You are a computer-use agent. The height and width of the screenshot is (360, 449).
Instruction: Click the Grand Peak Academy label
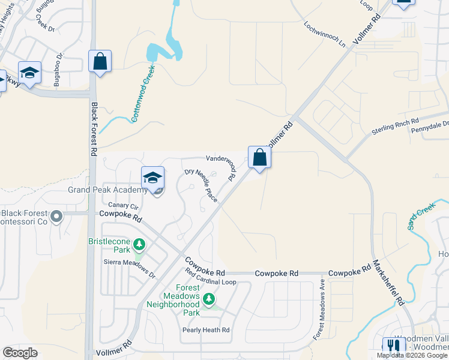(107, 190)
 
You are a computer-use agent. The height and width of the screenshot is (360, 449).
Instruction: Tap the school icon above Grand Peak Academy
(153, 178)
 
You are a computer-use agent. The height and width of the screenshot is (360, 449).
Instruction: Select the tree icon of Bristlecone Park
(139, 245)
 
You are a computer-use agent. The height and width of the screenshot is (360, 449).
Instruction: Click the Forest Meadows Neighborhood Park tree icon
(209, 298)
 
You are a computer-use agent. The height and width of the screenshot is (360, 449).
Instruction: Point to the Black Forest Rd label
(94, 129)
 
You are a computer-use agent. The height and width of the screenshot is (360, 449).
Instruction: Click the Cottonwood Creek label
(143, 95)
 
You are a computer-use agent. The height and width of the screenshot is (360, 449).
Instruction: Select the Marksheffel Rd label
(387, 283)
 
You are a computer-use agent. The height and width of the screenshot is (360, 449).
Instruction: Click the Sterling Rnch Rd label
(394, 125)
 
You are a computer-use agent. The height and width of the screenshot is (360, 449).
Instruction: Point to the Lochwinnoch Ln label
(325, 35)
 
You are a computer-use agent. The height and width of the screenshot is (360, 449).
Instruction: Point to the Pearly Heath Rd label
(206, 330)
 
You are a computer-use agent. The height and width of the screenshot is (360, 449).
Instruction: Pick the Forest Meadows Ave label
(319, 310)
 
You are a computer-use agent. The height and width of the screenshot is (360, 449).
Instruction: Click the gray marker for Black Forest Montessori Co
(57, 215)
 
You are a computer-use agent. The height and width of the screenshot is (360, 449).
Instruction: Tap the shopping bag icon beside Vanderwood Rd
(259, 158)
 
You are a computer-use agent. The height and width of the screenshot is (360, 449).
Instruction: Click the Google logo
(20, 353)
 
